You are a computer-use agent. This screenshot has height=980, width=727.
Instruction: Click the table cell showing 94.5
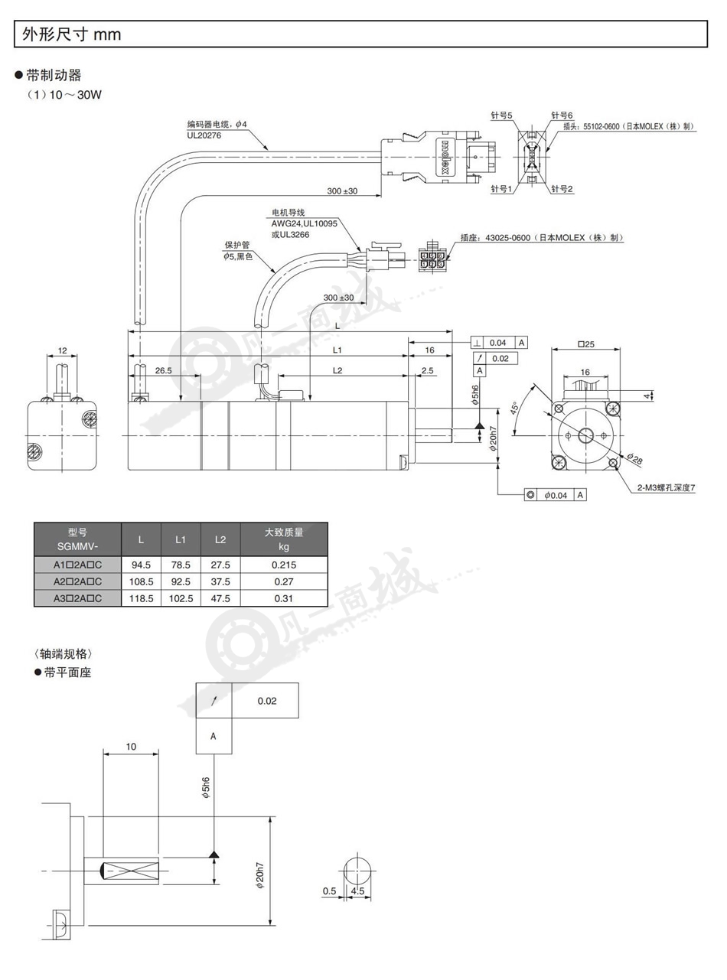click(141, 565)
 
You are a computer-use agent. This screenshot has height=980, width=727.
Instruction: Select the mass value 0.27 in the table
click(284, 581)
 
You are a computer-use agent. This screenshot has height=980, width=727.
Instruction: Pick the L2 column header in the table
click(220, 539)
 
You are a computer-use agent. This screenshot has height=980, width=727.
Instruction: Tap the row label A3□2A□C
click(78, 598)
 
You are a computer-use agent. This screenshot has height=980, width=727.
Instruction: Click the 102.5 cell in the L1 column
click(181, 598)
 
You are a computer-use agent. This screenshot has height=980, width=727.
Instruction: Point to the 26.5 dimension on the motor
click(164, 370)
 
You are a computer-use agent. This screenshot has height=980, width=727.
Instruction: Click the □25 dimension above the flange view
click(586, 343)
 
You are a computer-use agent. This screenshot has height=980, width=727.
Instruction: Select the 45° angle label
click(515, 408)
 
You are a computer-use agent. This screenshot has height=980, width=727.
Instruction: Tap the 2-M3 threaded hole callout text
click(666, 488)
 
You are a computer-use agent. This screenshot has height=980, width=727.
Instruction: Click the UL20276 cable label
click(204, 135)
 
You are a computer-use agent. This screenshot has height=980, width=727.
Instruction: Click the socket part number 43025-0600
click(508, 238)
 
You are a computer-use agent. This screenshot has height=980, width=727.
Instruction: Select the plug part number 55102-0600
click(601, 126)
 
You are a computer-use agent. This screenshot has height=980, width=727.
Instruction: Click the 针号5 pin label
click(501, 116)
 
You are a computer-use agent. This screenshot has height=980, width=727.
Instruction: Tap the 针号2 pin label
click(562, 189)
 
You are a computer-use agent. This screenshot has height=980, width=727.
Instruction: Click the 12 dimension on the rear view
click(62, 350)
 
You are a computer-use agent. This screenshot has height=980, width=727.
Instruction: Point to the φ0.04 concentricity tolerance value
click(556, 495)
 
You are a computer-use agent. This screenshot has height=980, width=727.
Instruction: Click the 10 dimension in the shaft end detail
click(131, 746)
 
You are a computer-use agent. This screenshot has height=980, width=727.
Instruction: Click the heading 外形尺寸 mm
click(72, 34)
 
